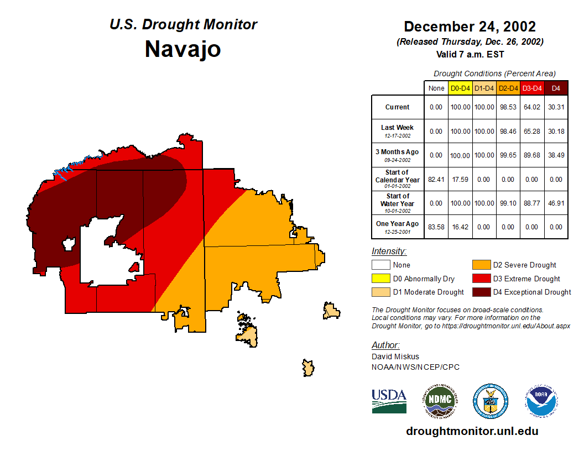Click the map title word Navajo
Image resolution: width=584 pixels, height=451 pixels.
(x=182, y=49)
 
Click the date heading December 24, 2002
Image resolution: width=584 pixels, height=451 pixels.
(x=470, y=27)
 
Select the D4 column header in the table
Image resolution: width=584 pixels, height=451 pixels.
(x=556, y=88)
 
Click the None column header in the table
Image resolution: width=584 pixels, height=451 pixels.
(x=436, y=88)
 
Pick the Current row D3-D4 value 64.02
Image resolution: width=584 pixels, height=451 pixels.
(x=532, y=107)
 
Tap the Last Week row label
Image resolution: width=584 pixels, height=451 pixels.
(x=397, y=128)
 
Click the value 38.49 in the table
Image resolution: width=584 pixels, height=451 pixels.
(x=556, y=155)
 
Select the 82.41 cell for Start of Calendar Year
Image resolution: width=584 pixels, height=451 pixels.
(x=436, y=180)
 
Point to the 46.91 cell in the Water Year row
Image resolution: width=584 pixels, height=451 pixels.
(x=556, y=203)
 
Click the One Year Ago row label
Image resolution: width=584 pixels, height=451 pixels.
(x=397, y=224)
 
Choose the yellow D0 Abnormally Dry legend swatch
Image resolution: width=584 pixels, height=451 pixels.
(x=380, y=279)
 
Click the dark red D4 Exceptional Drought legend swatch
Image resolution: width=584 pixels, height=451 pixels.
(x=480, y=292)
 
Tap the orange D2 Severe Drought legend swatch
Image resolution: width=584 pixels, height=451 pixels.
(x=480, y=265)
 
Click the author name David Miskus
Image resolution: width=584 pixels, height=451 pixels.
(x=395, y=356)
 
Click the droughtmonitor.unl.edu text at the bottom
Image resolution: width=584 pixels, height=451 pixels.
(x=472, y=431)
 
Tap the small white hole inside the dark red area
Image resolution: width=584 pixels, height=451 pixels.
(x=69, y=244)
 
